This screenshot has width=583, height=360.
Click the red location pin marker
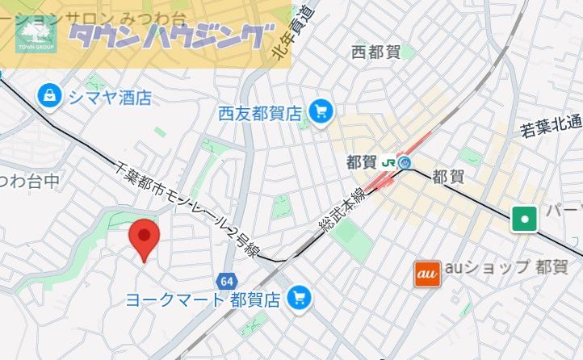click(x=145, y=237)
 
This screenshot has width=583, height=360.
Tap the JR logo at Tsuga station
click(x=388, y=162)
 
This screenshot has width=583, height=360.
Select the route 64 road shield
click(x=226, y=281)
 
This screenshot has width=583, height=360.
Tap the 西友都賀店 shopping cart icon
click(x=321, y=112)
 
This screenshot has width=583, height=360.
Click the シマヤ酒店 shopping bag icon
click(x=51, y=97)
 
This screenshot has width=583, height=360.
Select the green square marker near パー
click(x=525, y=218)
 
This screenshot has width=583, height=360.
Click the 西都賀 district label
click(x=375, y=52)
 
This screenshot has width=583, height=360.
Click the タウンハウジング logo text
click(x=168, y=35)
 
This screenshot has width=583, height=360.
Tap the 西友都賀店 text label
click(x=259, y=114)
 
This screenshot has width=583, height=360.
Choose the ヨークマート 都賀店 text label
click(x=203, y=299)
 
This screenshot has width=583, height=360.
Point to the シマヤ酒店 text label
click(x=110, y=98)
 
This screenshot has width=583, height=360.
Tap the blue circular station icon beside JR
click(x=406, y=162)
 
